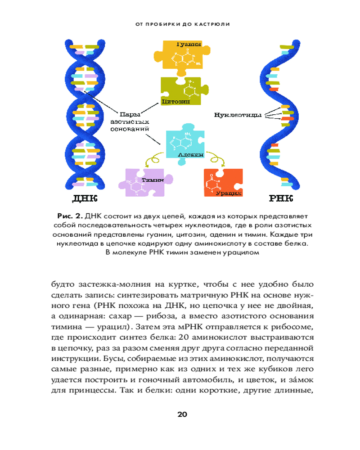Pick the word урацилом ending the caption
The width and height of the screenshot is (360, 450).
pyautogui.click(x=243, y=252)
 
